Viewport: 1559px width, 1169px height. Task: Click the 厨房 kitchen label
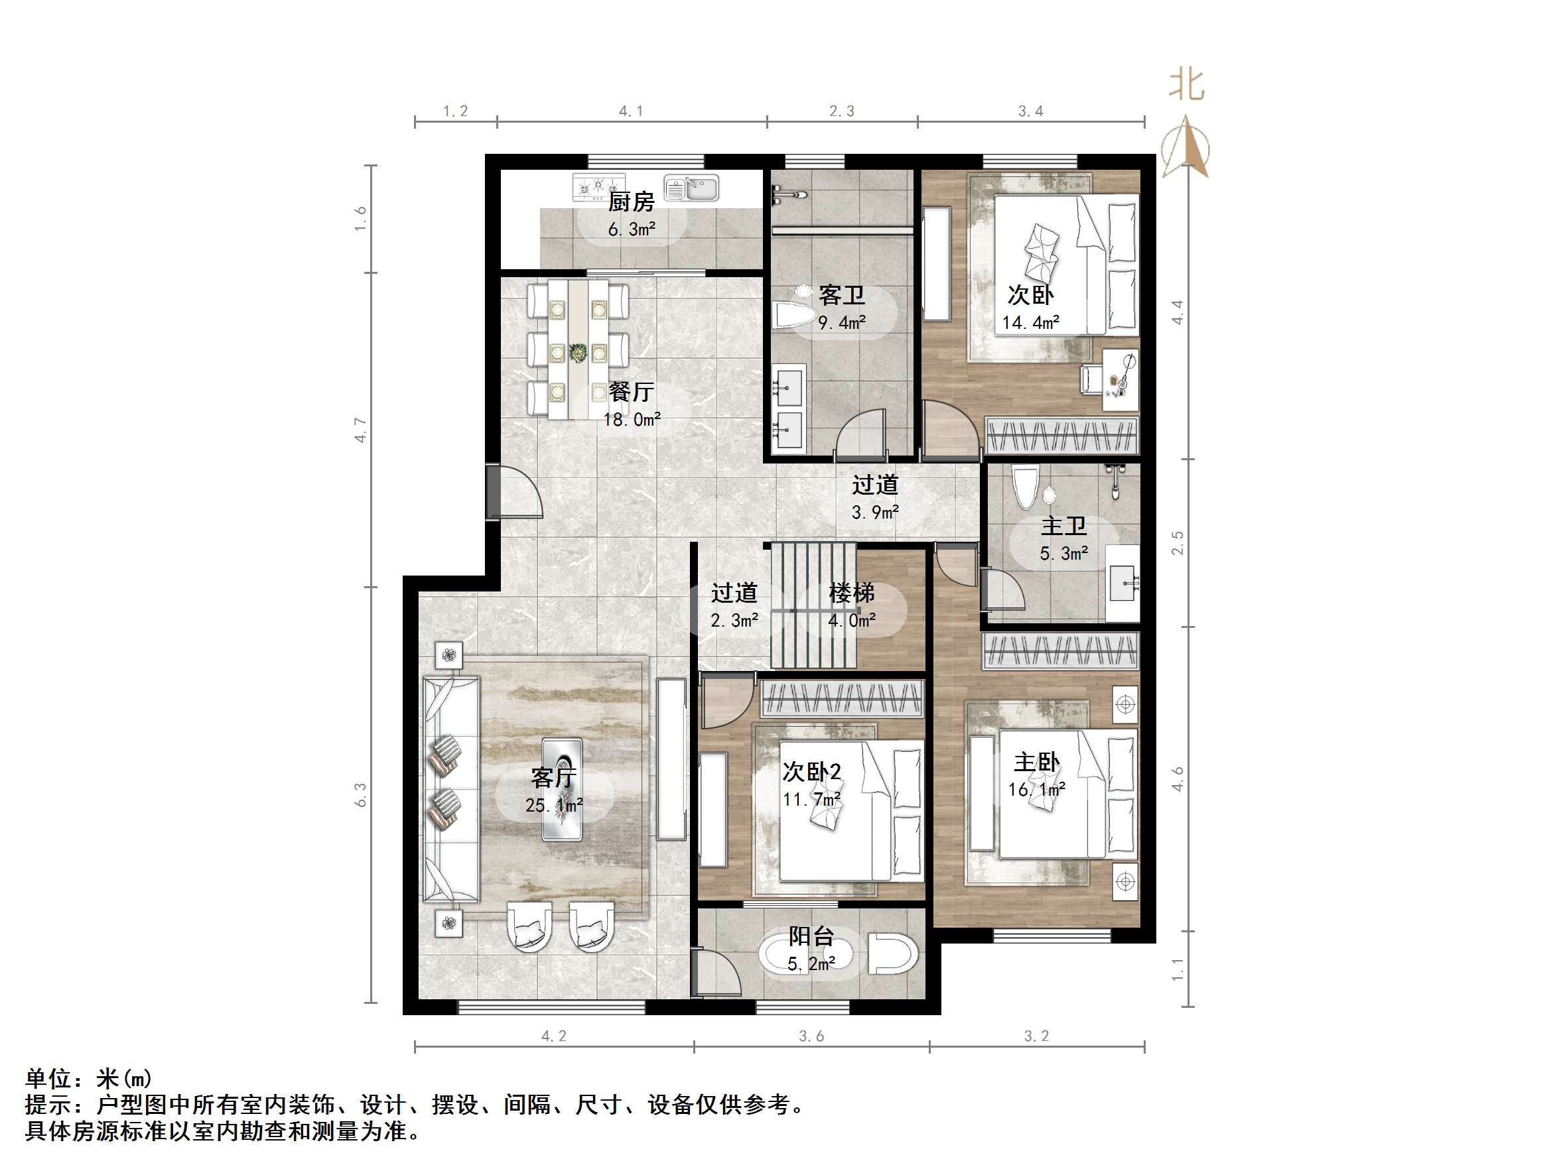[632, 202]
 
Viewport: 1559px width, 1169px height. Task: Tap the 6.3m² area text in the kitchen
[632, 229]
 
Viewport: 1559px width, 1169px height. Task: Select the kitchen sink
[691, 188]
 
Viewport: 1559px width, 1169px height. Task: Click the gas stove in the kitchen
[598, 187]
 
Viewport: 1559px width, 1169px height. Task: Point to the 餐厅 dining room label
[632, 392]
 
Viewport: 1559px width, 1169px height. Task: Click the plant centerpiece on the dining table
[578, 352]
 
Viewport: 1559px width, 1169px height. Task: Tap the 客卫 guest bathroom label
[841, 295]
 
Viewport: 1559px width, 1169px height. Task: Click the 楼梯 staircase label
[851, 593]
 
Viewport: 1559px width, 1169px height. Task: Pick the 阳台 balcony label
[811, 936]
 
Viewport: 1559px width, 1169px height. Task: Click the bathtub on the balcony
[805, 955]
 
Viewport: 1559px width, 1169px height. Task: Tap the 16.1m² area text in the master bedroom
[1036, 790]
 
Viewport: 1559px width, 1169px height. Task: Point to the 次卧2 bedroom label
[812, 772]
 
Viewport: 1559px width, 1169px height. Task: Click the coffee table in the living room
[562, 789]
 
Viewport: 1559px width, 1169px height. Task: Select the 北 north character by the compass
[1187, 86]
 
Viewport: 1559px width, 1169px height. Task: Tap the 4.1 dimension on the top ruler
[631, 111]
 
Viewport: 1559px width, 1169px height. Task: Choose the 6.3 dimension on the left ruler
[361, 795]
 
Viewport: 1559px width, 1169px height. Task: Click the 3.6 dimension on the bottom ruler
[811, 1036]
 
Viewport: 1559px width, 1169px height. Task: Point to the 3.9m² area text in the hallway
[874, 513]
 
